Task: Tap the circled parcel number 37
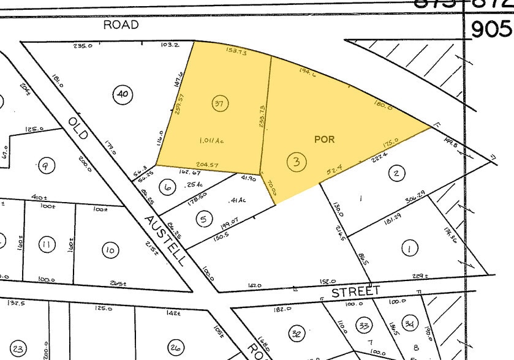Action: point(219,103)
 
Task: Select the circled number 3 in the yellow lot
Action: point(297,162)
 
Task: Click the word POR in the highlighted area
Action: point(324,140)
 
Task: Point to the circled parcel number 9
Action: point(45,164)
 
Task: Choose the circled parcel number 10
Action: point(110,250)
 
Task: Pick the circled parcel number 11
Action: point(45,246)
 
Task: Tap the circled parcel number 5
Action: point(204,218)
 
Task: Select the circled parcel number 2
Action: point(396,173)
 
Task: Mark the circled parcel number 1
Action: point(409,249)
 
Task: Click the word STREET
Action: point(356,291)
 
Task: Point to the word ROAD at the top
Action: point(121,24)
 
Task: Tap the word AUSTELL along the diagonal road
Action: point(165,239)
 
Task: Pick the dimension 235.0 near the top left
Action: point(83,46)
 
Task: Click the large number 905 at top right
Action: point(490,29)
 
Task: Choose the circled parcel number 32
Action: point(297,333)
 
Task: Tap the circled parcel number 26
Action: point(176,347)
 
